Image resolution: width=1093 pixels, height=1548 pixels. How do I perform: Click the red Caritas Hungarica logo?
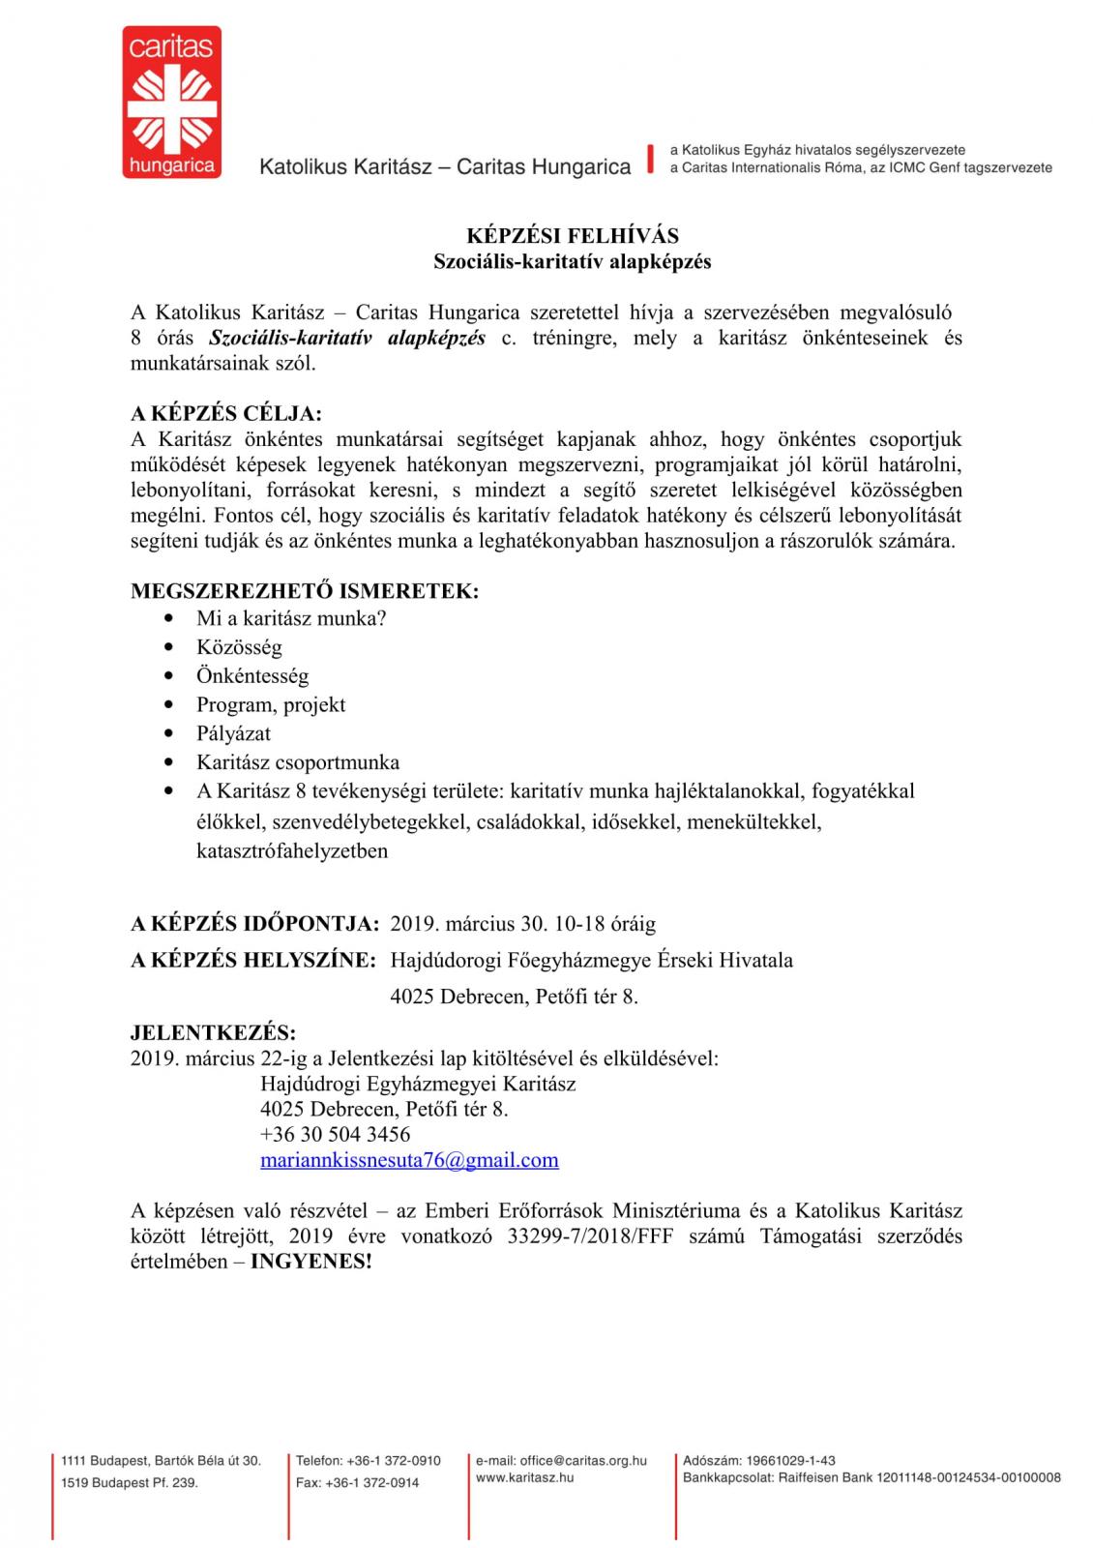pyautogui.click(x=171, y=102)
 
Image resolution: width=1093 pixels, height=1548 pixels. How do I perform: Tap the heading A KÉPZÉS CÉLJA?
pyautogui.click(x=226, y=414)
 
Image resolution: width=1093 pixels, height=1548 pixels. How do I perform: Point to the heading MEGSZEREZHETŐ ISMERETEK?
pyautogui.click(x=305, y=591)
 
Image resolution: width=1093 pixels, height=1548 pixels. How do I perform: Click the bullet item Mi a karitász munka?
pyautogui.click(x=291, y=618)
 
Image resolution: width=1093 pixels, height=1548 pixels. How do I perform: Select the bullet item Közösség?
pyautogui.click(x=239, y=647)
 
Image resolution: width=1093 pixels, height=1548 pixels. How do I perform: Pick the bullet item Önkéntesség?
pyautogui.click(x=252, y=676)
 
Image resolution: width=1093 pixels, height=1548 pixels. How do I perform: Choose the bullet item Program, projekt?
pyautogui.click(x=271, y=705)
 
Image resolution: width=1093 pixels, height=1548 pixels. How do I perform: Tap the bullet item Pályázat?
pyautogui.click(x=233, y=733)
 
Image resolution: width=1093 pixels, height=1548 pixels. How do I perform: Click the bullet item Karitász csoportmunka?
pyautogui.click(x=298, y=762)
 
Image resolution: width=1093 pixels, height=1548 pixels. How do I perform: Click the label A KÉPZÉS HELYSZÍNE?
pyautogui.click(x=253, y=961)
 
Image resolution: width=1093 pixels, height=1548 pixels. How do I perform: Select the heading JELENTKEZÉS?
pyautogui.click(x=214, y=1031)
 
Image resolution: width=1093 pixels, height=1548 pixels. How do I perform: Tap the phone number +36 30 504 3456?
pyautogui.click(x=335, y=1134)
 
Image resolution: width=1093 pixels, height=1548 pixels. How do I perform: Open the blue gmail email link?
pyautogui.click(x=409, y=1160)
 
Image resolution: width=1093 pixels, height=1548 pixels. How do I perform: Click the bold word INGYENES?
pyautogui.click(x=310, y=1263)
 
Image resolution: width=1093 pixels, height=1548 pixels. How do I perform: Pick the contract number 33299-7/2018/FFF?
pyautogui.click(x=588, y=1236)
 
